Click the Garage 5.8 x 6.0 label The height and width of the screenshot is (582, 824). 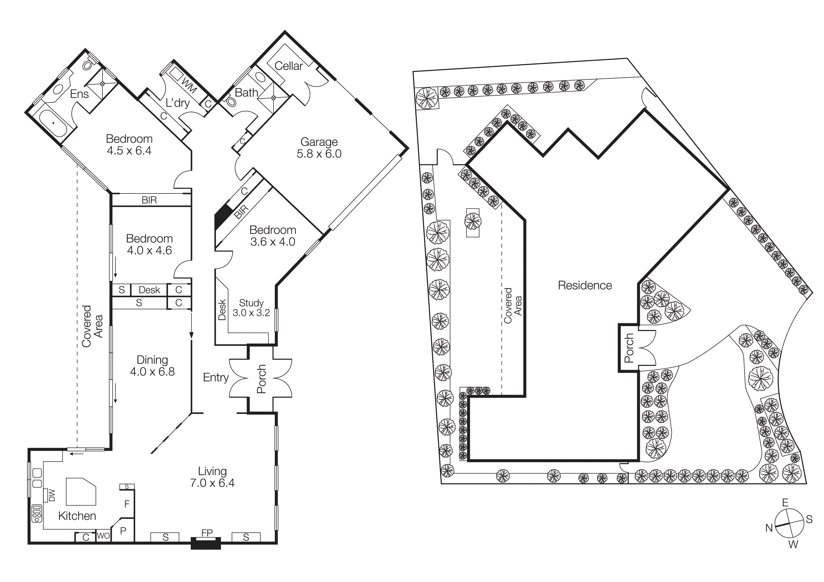319,148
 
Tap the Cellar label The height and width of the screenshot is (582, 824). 288,66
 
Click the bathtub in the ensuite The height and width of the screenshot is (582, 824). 53,123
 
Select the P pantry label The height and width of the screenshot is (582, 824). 123,531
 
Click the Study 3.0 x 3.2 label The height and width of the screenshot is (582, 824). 251,308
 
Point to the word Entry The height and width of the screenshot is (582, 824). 216,377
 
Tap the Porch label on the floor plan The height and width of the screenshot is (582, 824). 261,379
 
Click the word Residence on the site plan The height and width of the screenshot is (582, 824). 585,285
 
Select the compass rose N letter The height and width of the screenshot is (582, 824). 769,528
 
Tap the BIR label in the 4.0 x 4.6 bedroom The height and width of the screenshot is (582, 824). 149,200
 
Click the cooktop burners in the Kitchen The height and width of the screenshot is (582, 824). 37,513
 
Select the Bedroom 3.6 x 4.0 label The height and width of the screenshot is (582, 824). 273,236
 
